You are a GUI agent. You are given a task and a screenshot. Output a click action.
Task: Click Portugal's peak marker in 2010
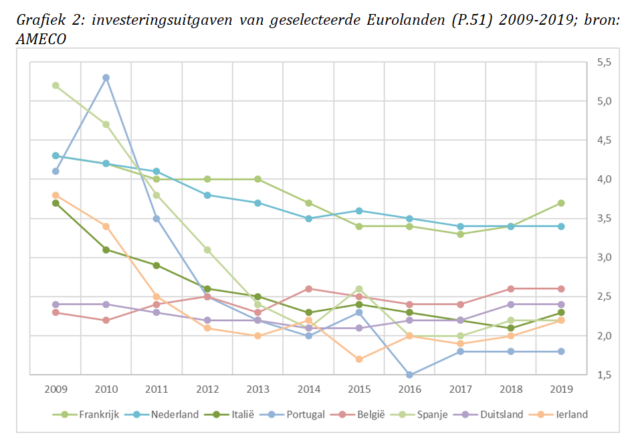106,78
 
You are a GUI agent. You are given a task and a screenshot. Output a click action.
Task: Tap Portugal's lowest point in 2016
409,375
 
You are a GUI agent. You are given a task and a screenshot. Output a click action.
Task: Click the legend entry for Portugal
305,414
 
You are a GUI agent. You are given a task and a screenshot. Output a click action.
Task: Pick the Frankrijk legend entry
97,414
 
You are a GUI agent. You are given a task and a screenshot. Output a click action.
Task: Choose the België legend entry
370,414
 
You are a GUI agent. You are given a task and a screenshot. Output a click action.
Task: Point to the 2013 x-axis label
257,389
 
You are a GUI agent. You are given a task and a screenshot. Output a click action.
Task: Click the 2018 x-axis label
511,389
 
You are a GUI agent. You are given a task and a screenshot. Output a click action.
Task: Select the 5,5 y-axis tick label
604,62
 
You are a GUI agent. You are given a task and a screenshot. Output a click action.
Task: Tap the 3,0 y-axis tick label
604,258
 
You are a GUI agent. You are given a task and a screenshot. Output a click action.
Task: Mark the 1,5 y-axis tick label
604,375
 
